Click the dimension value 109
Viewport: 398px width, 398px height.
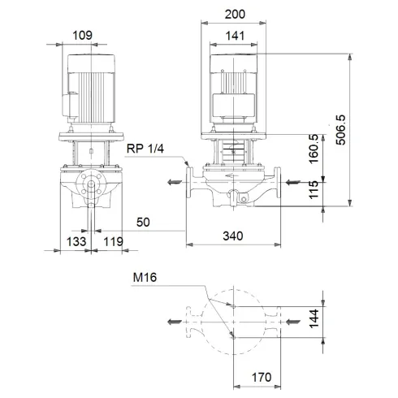click(82, 36)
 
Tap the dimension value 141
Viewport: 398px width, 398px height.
click(236, 36)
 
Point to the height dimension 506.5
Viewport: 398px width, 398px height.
click(363, 131)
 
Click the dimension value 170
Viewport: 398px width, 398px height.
click(259, 378)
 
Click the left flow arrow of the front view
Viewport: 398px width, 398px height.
click(174, 182)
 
